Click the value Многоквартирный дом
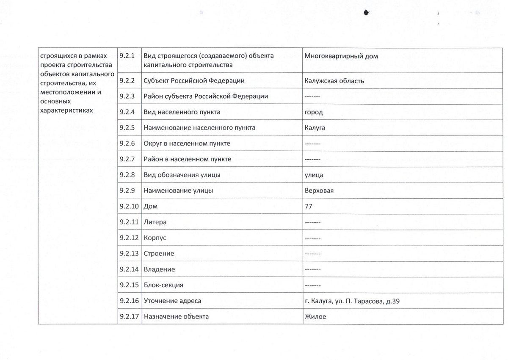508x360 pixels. tap(341, 56)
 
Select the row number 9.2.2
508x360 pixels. tap(127, 80)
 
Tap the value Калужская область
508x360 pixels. tap(334, 80)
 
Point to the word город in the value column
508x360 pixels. tap(314, 112)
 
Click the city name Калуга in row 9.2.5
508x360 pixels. tap(315, 128)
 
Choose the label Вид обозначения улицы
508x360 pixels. tap(182, 175)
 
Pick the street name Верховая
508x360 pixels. tap(319, 191)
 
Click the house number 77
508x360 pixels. tap(308, 206)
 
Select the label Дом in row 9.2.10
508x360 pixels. tap(150, 206)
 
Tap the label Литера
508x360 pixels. tap(155, 222)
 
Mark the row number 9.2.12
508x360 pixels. tap(129, 238)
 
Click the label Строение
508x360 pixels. tap(159, 253)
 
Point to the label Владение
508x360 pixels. tap(159, 269)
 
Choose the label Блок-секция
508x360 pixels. tap(163, 285)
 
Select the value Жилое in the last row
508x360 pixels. tap(315, 316)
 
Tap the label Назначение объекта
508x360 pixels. tap(176, 316)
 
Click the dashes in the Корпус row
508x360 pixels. tap(312, 238)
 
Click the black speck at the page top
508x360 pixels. tap(365, 13)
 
